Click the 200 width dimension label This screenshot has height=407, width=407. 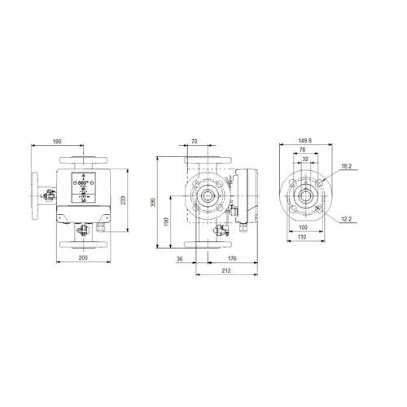[83, 257]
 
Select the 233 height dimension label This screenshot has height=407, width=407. [123, 200]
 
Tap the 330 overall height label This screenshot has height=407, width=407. [153, 203]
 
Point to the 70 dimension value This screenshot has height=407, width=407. [195, 142]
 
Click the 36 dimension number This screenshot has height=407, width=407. [180, 259]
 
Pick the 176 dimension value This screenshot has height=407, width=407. [232, 259]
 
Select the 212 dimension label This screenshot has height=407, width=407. [226, 270]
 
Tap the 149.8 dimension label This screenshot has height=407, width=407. [305, 141]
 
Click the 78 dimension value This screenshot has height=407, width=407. [302, 150]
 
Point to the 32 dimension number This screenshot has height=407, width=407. [305, 159]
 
